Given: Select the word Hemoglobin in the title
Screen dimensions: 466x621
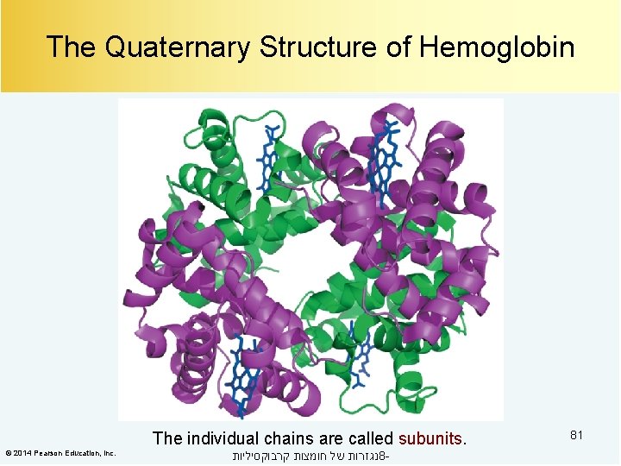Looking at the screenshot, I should click(x=497, y=47).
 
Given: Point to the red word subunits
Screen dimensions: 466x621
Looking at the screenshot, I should click(x=430, y=438).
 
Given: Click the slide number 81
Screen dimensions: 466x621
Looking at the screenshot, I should click(x=576, y=435).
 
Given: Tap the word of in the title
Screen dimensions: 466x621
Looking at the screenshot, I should click(x=400, y=47).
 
